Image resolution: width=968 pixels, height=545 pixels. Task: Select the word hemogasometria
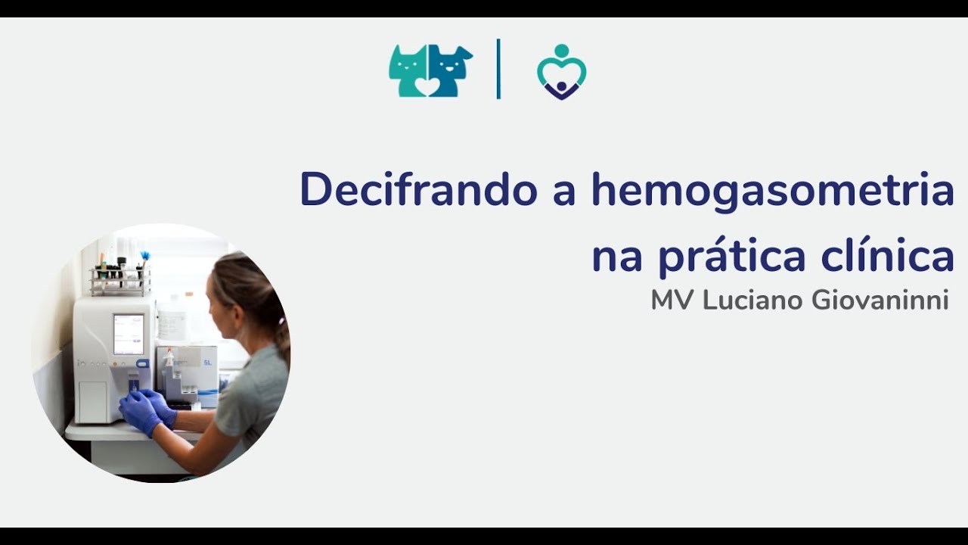click(x=773, y=191)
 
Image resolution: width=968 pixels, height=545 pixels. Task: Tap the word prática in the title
click(x=732, y=256)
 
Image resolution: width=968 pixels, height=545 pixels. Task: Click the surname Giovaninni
click(x=880, y=301)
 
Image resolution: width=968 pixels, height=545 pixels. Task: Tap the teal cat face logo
click(x=408, y=71)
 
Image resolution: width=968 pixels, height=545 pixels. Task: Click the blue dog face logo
click(x=450, y=71)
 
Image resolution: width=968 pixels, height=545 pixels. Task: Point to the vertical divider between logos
click(x=498, y=69)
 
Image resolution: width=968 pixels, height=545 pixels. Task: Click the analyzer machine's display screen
click(x=129, y=335)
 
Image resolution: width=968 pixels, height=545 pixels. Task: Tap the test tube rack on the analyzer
click(x=120, y=281)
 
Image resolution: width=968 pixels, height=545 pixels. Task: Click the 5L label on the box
click(x=208, y=363)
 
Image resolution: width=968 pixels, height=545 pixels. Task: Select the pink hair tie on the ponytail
click(x=281, y=321)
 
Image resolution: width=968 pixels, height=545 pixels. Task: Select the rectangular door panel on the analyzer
click(x=92, y=402)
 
